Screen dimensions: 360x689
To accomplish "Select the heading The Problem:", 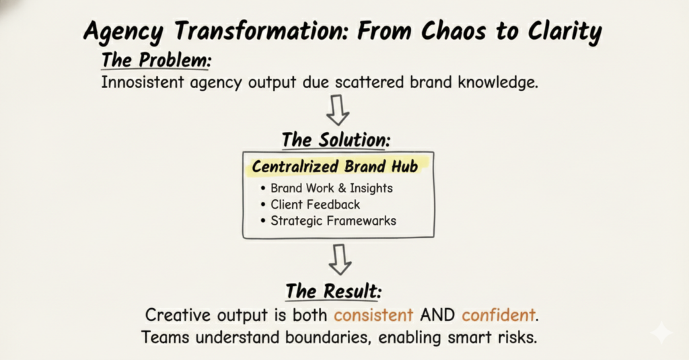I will [x=156, y=60].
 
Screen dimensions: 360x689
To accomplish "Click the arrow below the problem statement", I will [x=338, y=110].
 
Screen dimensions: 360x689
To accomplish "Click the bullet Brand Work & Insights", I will [x=332, y=188].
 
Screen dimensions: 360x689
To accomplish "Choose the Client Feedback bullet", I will [x=315, y=205].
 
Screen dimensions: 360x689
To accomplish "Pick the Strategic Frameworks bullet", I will [x=333, y=220].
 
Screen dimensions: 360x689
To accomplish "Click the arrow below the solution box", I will [x=338, y=259].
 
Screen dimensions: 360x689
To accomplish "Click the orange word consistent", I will [x=374, y=314].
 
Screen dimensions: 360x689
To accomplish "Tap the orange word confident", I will [x=499, y=314].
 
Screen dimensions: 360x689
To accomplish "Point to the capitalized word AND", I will [x=437, y=314].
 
